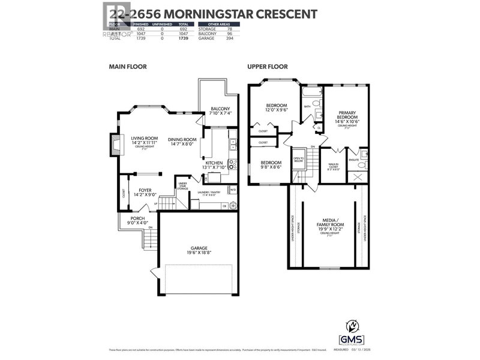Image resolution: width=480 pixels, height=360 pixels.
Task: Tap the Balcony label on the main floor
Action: (x=220, y=109)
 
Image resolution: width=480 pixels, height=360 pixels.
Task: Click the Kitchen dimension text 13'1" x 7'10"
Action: (x=214, y=167)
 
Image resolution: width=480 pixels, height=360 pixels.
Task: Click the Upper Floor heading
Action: (x=267, y=67)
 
